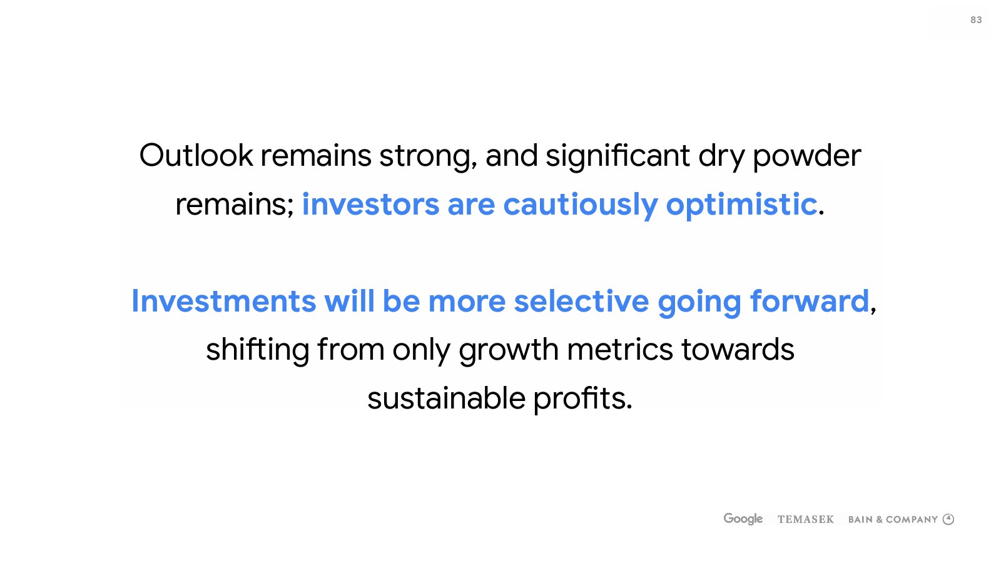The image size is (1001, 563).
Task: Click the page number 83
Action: (x=976, y=20)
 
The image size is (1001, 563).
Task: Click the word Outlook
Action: (x=196, y=156)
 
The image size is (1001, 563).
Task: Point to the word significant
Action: (x=617, y=157)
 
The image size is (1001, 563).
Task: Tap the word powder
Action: (x=807, y=157)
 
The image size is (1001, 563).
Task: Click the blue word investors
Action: (x=370, y=205)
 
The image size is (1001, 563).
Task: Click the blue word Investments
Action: (x=224, y=301)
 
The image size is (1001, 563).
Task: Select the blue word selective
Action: (x=581, y=301)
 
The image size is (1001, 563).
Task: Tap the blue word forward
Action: (x=810, y=301)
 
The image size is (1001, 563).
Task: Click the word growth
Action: (x=509, y=351)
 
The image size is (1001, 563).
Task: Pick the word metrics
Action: (x=620, y=350)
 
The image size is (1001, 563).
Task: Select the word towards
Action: (x=738, y=350)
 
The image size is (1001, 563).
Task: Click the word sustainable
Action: (x=447, y=398)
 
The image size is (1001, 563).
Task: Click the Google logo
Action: (x=743, y=519)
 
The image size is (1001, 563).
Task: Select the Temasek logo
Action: (x=806, y=519)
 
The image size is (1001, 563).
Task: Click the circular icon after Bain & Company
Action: (x=948, y=519)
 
